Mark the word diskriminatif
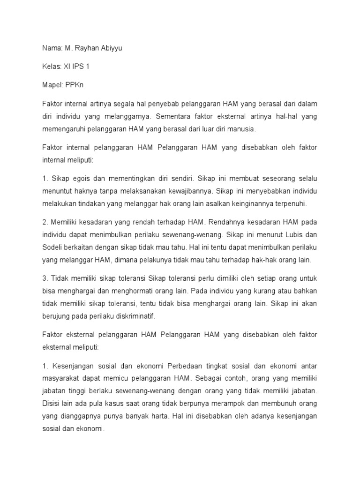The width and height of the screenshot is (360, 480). click(x=132, y=316)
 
